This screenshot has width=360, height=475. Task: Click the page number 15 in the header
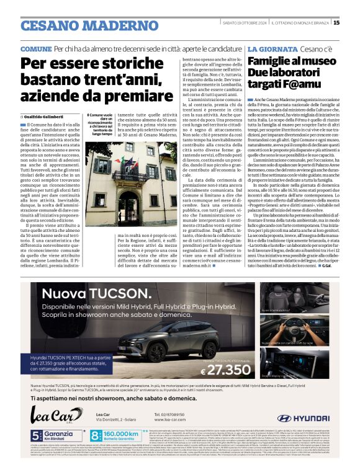click(336, 23)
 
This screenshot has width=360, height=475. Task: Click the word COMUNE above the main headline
click(36, 48)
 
